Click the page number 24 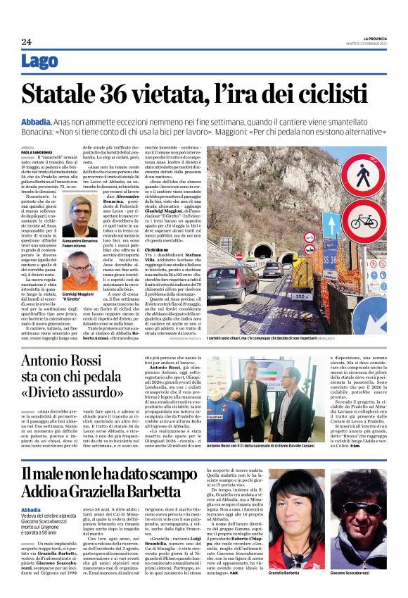(x=26, y=42)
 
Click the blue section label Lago (x=40, y=62)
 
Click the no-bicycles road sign (x=363, y=224)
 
